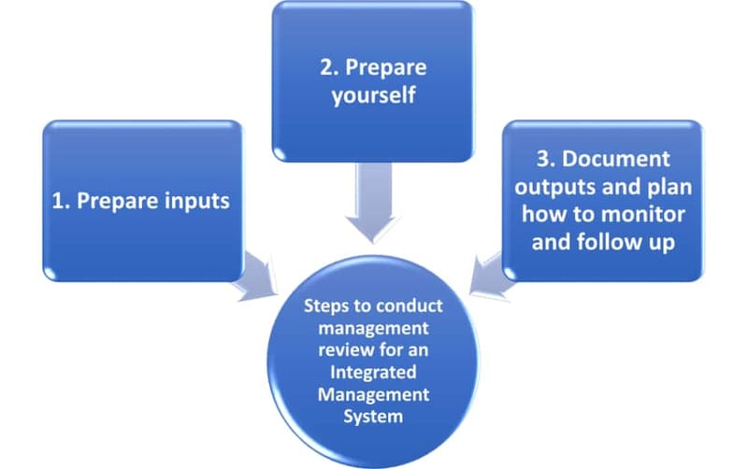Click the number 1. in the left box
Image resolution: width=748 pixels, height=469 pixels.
63,201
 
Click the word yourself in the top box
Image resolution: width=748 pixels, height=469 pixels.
372,96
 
